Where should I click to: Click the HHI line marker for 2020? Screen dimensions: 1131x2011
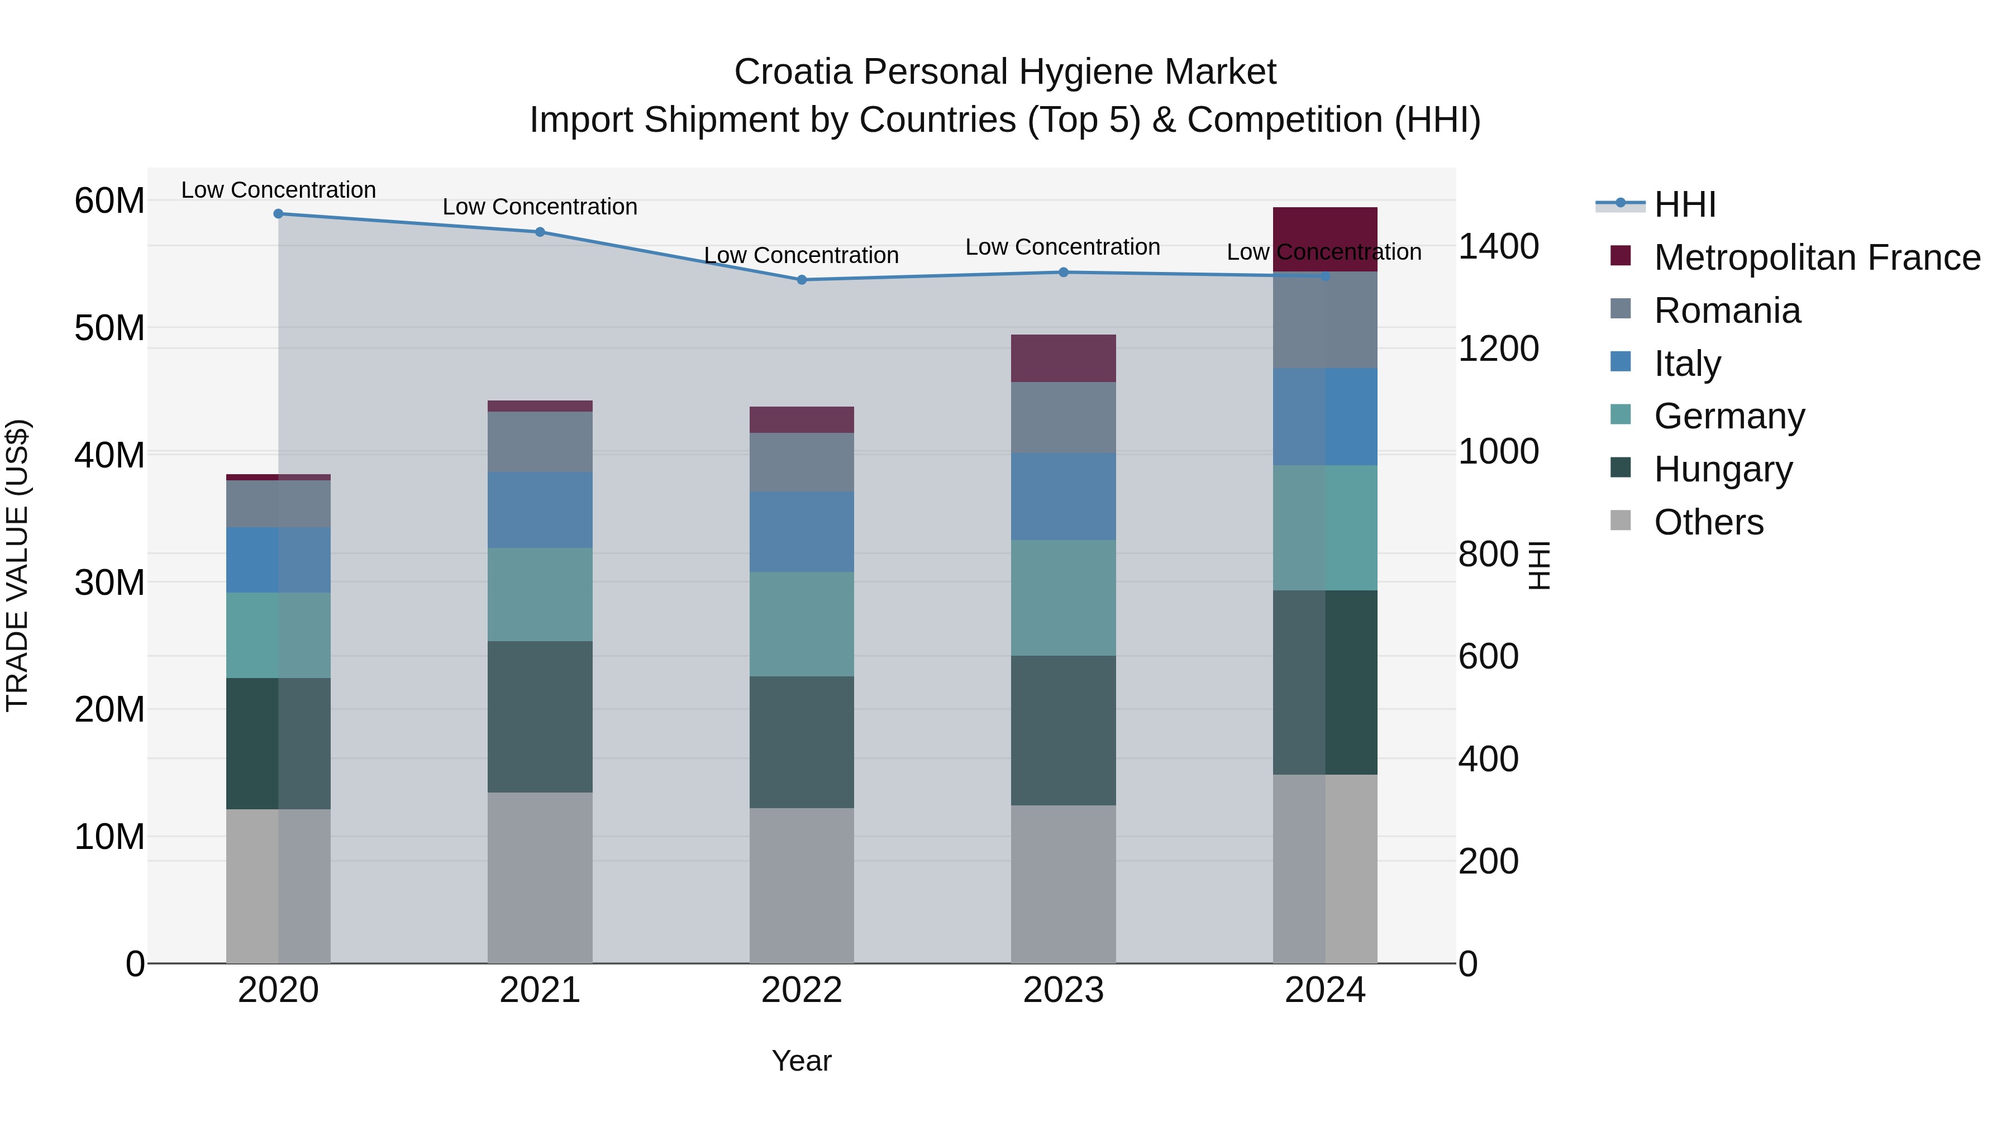tap(278, 214)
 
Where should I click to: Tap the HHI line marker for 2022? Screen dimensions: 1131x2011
tap(802, 279)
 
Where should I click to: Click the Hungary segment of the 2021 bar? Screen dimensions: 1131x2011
tap(540, 717)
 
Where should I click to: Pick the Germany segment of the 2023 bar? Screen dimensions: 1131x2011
tap(1063, 598)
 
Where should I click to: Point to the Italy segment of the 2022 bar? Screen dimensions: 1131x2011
tap(802, 532)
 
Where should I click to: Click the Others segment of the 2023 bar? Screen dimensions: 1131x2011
tap(1063, 884)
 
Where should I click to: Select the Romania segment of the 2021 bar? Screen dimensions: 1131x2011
tap(540, 442)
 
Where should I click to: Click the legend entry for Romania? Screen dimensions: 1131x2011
tap(1727, 311)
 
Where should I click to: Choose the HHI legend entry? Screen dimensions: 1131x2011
tap(1685, 204)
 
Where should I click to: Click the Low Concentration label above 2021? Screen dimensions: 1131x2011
tap(540, 207)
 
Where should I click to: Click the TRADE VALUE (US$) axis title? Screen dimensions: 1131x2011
tap(17, 565)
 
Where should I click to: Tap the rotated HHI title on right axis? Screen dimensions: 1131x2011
tap(1538, 565)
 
